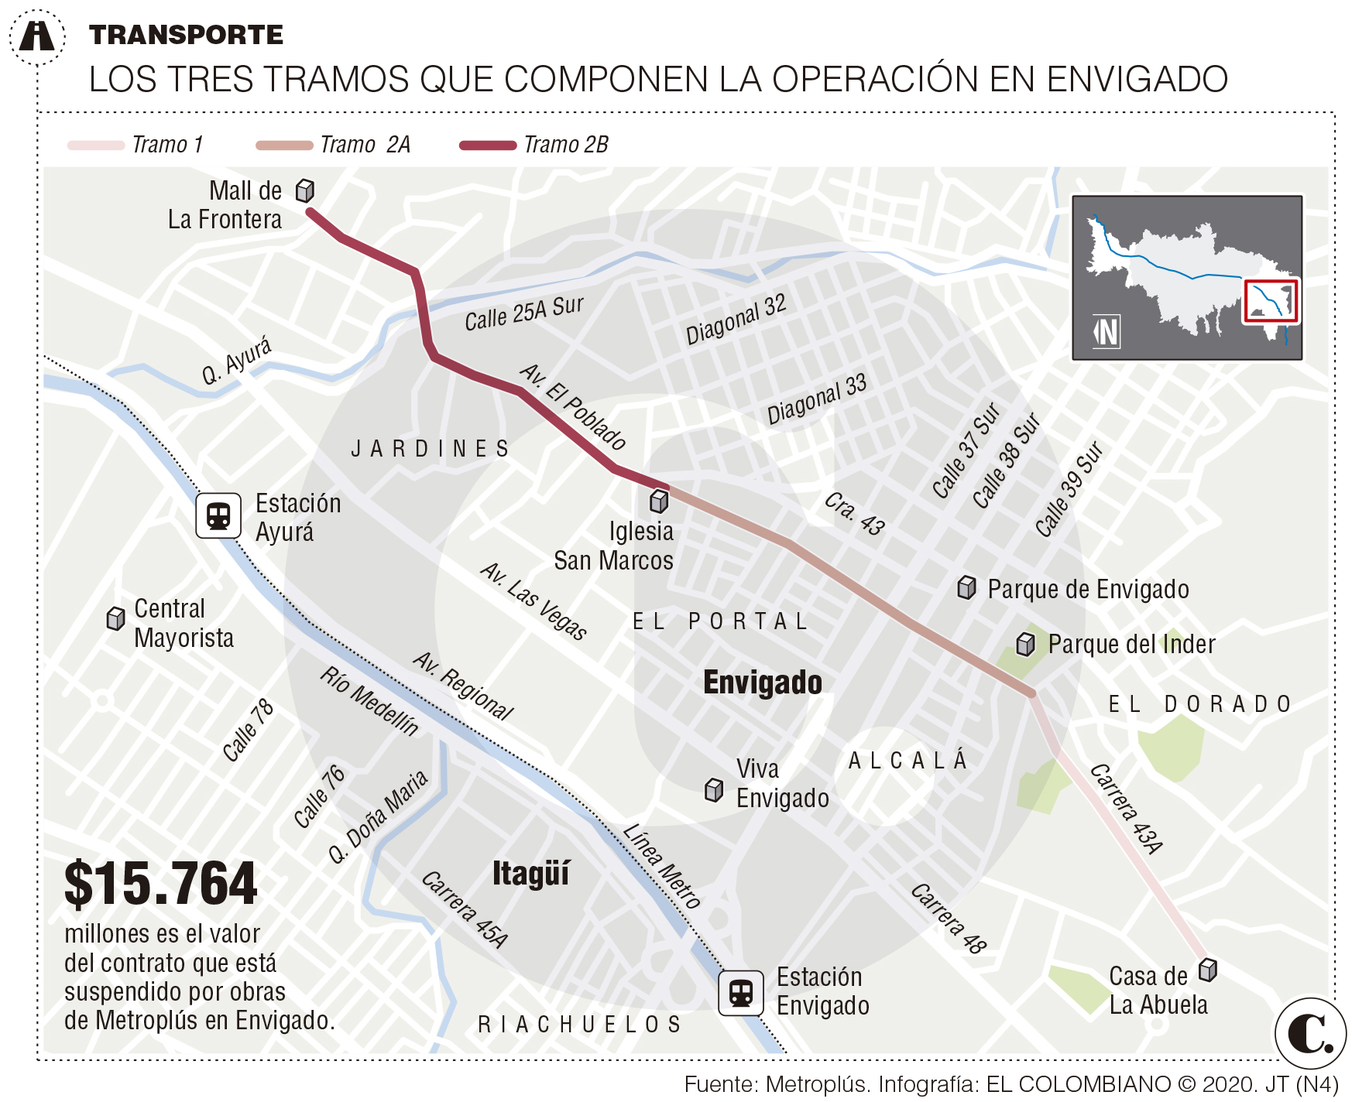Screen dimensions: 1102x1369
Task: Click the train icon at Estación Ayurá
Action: tap(218, 515)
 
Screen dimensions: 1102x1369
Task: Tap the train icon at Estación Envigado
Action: tap(741, 992)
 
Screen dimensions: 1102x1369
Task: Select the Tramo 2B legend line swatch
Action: tap(488, 145)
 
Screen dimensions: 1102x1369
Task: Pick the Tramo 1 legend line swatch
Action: tap(96, 145)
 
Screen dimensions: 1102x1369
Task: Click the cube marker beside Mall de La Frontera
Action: tap(305, 190)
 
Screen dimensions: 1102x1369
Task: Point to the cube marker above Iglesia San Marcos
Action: tap(659, 501)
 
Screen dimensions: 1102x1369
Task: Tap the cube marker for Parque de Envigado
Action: tap(966, 588)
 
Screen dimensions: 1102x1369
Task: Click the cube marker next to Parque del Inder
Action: tap(1025, 644)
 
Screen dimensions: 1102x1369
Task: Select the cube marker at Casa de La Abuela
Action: tap(1207, 970)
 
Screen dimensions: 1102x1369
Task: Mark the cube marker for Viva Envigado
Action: tap(714, 790)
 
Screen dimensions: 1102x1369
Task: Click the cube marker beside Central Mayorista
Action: tap(115, 618)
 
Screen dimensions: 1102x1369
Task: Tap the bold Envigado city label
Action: tap(762, 683)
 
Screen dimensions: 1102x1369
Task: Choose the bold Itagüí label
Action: tap(530, 874)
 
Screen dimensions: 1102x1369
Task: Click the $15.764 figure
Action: tap(160, 884)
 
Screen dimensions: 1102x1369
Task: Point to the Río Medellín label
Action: tap(369, 700)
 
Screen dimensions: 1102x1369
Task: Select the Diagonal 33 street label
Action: tap(816, 400)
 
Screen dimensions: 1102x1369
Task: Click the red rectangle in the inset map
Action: tap(1271, 301)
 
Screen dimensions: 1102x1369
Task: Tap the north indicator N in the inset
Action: tap(1107, 332)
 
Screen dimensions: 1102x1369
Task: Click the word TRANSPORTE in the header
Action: tap(186, 35)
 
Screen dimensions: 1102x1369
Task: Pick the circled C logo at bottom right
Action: tap(1310, 1033)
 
